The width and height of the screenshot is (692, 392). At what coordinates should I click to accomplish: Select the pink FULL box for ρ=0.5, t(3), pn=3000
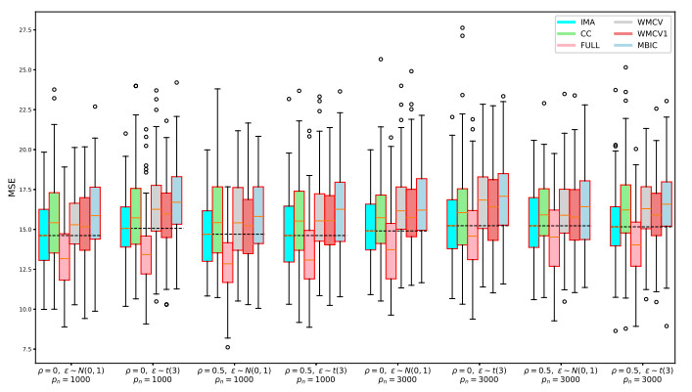pyautogui.click(x=635, y=242)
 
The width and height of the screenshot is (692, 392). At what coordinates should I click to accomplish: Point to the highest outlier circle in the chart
pyautogui.click(x=462, y=27)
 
